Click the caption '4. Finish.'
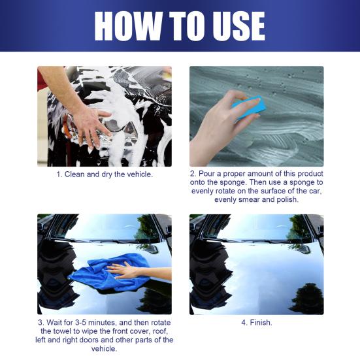(256, 323)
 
